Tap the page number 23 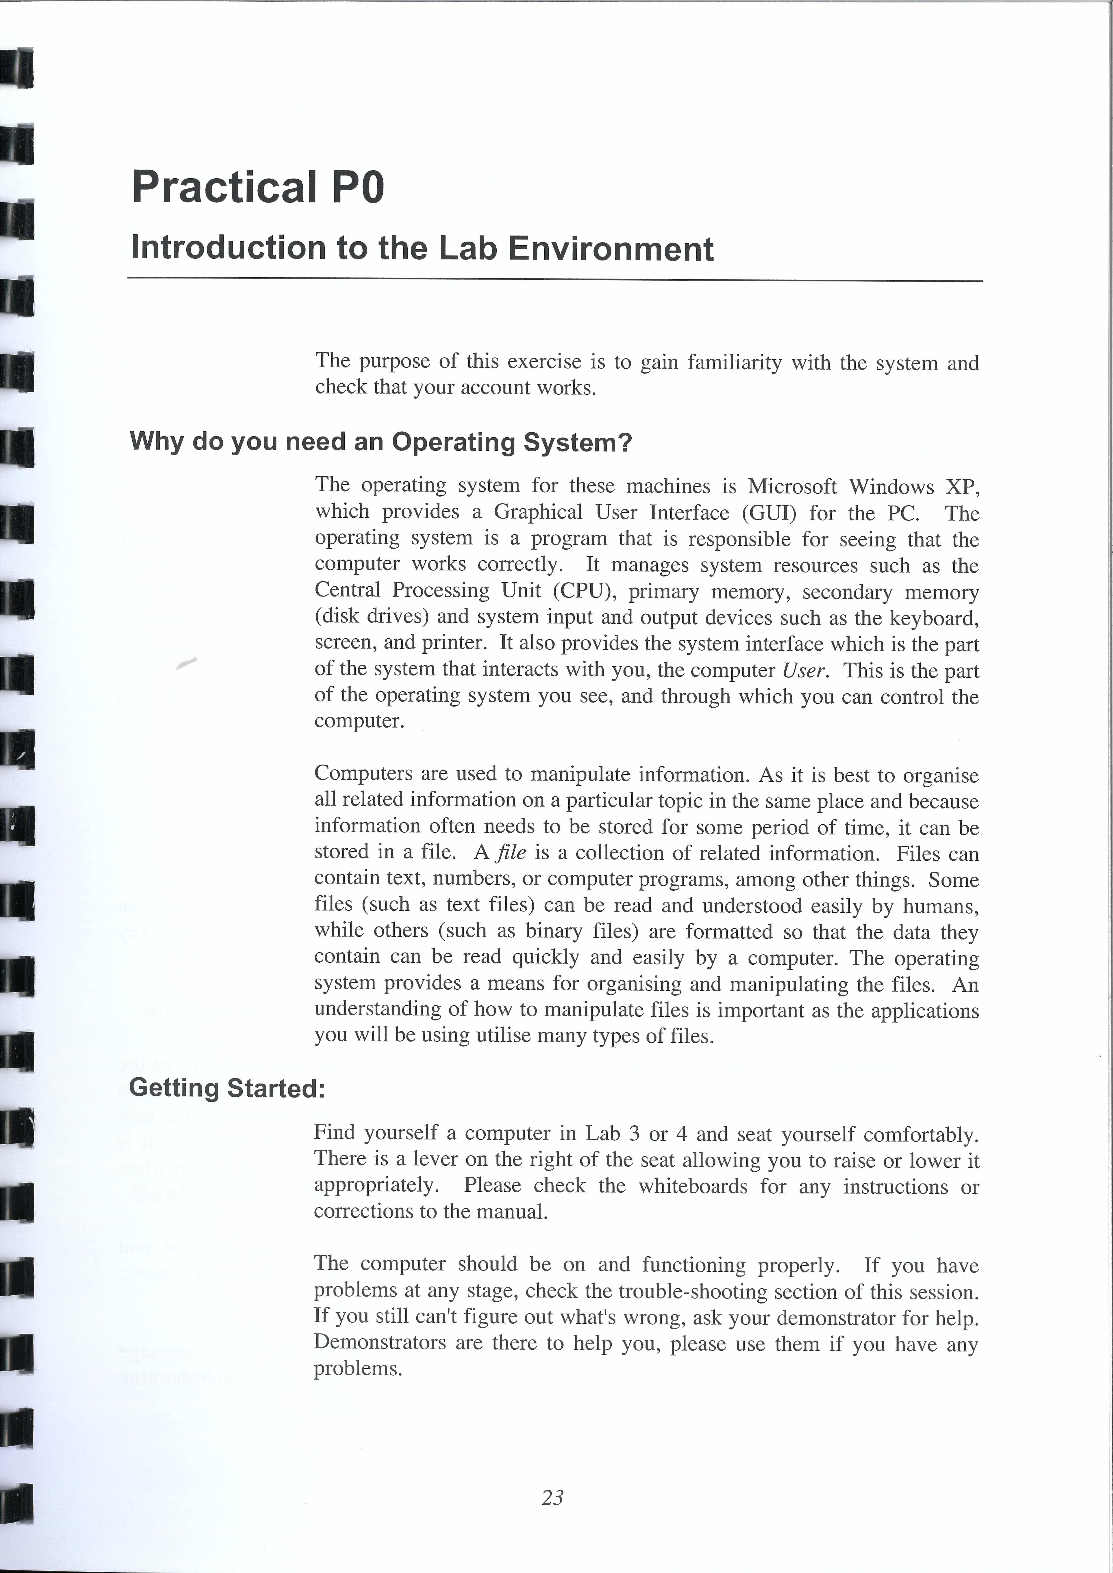tap(552, 1498)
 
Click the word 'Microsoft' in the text tap(791, 486)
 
